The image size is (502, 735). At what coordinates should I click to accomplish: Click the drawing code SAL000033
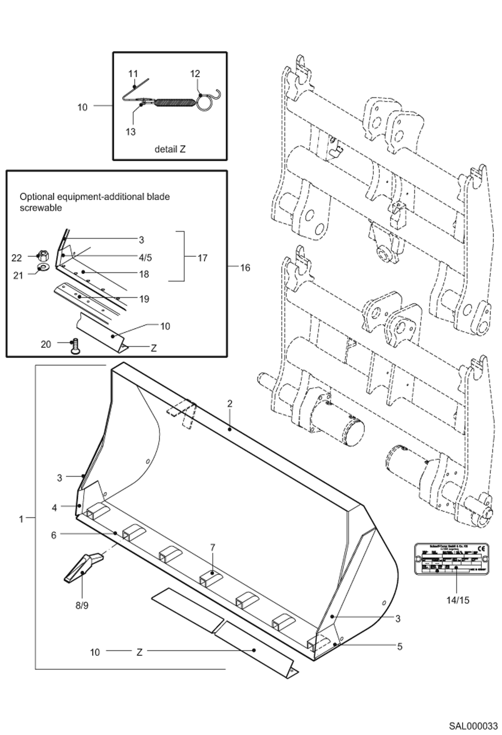[473, 726]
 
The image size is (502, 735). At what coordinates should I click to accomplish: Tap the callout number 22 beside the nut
[16, 258]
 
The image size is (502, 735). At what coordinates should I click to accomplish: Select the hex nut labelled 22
[43, 256]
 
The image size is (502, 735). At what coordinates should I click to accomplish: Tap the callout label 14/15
[458, 600]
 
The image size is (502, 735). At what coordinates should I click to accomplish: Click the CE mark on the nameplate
[481, 548]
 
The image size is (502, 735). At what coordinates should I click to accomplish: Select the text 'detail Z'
[170, 149]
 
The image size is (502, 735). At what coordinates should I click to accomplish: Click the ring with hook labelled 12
[204, 102]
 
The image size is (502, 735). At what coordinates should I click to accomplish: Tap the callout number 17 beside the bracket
[202, 258]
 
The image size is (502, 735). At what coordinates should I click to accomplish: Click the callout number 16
[245, 268]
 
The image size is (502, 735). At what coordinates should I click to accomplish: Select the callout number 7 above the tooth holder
[212, 548]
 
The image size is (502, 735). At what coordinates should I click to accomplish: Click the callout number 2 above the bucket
[229, 404]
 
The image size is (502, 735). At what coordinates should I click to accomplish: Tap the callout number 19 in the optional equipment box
[144, 299]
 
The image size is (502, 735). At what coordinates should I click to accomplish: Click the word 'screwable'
[41, 208]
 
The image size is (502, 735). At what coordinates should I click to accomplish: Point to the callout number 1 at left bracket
[21, 519]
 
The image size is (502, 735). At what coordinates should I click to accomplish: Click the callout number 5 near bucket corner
[399, 647]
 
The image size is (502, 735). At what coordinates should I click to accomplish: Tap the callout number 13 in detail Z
[130, 132]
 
